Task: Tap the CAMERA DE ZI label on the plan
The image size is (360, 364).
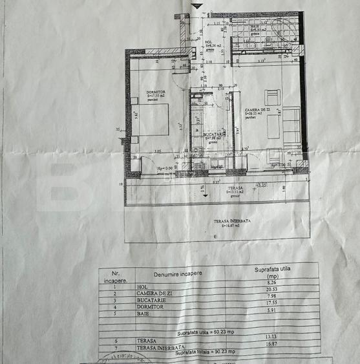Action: [257, 111]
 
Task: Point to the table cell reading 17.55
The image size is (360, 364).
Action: [272, 307]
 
